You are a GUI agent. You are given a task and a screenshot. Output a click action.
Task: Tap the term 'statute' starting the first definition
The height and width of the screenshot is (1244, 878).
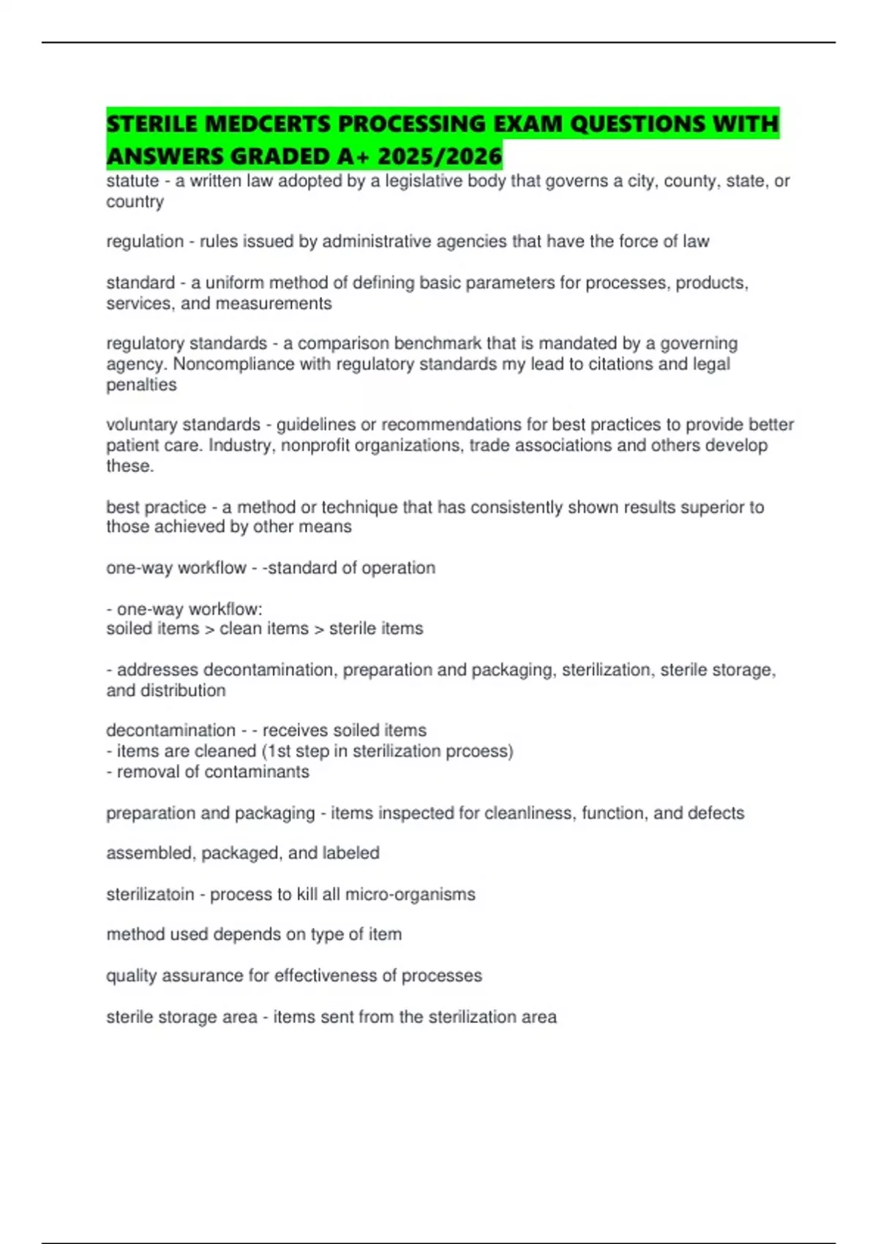(x=132, y=181)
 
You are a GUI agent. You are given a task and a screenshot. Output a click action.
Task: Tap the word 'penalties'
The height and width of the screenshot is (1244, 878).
(x=141, y=385)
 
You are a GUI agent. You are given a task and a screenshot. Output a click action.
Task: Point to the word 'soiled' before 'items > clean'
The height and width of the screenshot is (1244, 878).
(x=129, y=629)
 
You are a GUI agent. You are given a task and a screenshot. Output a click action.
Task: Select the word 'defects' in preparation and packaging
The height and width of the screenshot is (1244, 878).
(x=716, y=813)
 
